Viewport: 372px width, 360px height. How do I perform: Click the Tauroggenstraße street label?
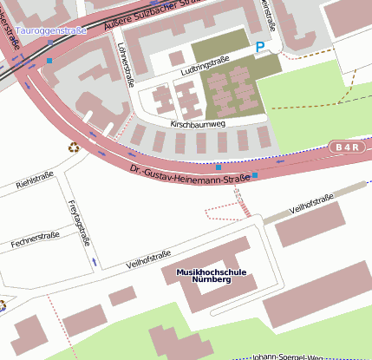(51, 31)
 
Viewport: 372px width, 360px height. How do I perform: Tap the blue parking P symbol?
(260, 47)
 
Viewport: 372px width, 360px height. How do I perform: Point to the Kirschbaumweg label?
(198, 125)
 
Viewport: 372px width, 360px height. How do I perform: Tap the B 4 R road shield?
(346, 147)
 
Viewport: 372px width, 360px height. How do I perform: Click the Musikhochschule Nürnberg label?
(211, 276)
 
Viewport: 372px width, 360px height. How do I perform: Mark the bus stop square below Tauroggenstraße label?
(49, 61)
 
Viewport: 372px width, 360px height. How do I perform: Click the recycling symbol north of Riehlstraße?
(73, 147)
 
